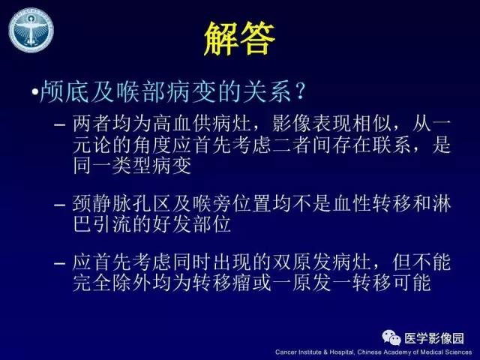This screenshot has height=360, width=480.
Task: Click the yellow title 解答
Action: (239, 40)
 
